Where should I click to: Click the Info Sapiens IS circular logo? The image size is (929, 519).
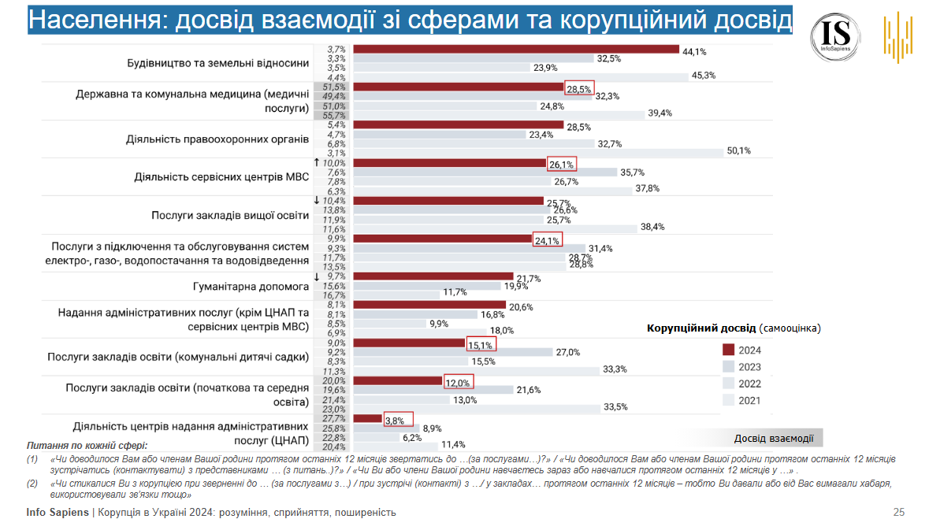pos(835,33)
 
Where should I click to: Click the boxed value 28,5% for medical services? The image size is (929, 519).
pos(579,88)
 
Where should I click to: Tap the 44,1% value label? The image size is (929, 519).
pos(694,51)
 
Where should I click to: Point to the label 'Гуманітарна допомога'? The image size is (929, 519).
pos(251,285)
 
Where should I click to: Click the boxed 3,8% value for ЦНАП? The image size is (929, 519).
pos(398,420)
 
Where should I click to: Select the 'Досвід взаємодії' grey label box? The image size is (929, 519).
pos(773,438)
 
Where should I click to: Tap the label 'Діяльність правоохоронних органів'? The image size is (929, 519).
pos(217,139)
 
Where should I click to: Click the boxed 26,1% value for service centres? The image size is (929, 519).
pos(562,165)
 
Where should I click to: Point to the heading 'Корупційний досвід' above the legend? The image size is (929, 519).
pos(701,327)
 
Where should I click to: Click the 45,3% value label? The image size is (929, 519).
pos(703,76)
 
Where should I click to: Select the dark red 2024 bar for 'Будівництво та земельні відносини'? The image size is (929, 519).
pos(516,50)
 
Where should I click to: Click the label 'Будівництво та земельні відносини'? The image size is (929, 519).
pos(218,63)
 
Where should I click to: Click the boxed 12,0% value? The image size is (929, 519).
pos(458,383)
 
